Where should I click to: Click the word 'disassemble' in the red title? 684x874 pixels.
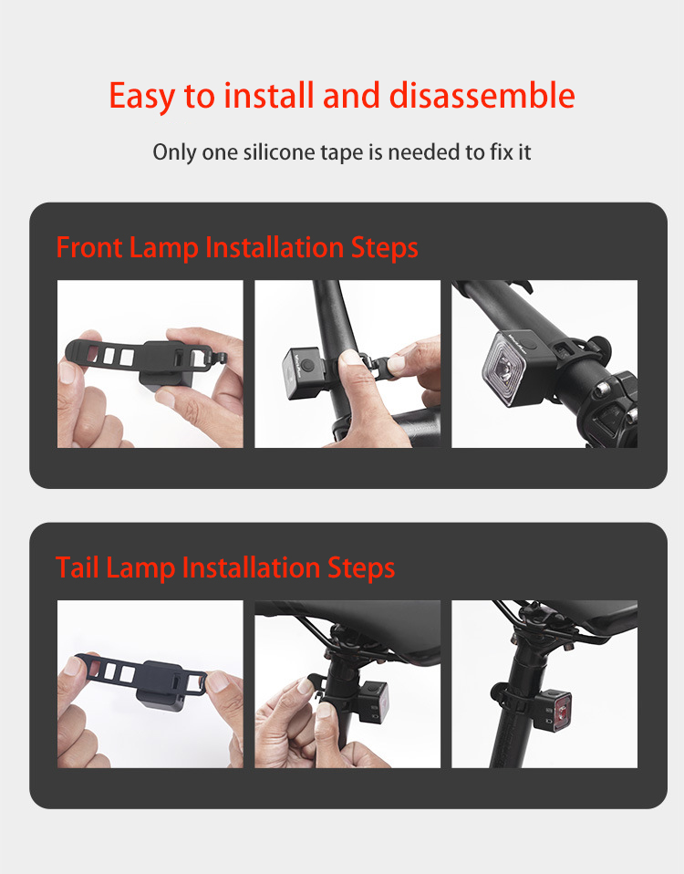(482, 95)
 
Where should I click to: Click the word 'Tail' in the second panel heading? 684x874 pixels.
(78, 567)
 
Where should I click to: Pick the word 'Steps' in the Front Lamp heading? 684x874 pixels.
(384, 248)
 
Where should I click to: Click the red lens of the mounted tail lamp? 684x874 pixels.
(562, 711)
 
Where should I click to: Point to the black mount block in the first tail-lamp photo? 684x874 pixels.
(161, 685)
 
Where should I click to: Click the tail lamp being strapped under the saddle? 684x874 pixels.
(371, 702)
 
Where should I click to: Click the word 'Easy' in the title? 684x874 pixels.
(142, 96)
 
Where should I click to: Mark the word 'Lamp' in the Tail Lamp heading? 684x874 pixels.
(140, 568)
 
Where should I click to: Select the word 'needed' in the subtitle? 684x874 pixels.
(424, 151)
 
